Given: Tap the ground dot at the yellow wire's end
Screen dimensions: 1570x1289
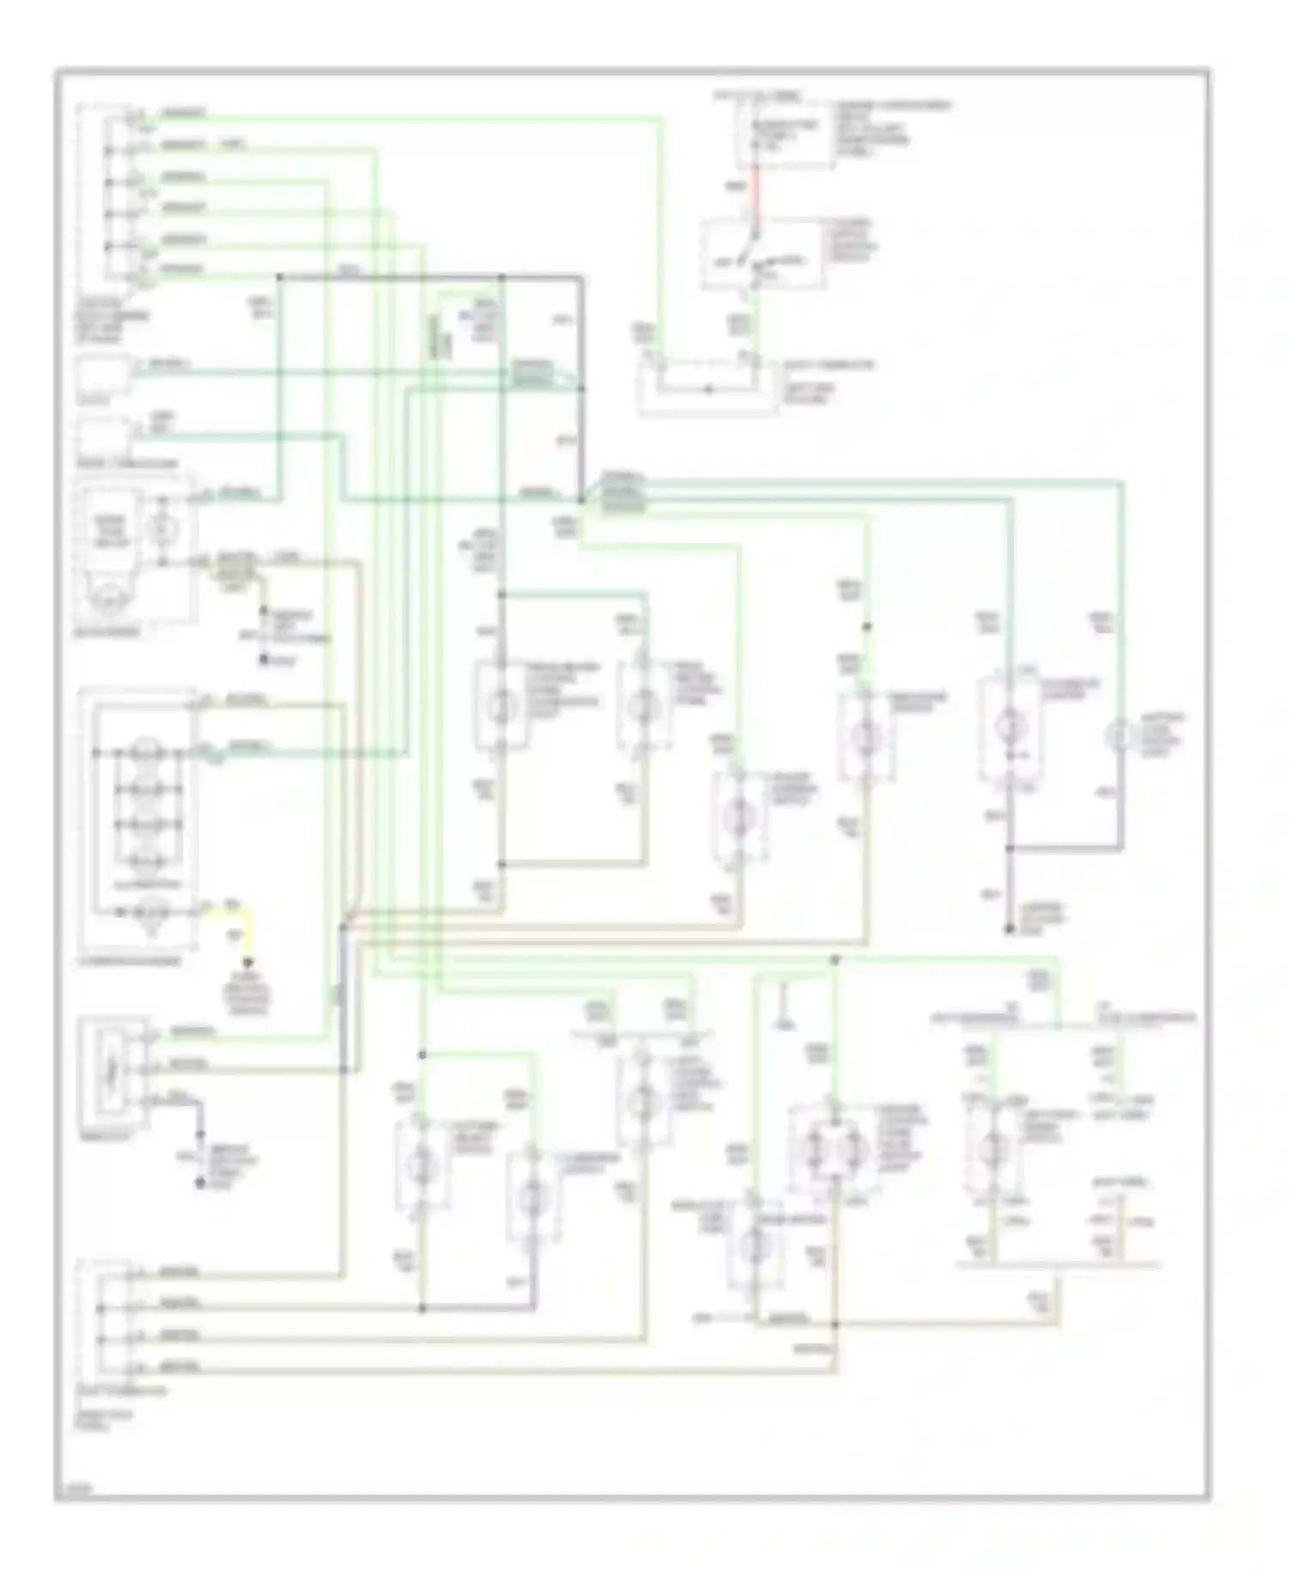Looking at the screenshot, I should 249,965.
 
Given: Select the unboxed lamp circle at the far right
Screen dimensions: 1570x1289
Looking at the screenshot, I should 1120,736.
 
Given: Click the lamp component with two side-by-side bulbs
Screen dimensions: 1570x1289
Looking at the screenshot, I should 832,1147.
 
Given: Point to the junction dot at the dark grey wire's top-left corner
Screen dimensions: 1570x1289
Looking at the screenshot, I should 279,277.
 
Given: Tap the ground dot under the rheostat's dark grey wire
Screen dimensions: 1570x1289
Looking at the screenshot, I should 200,1184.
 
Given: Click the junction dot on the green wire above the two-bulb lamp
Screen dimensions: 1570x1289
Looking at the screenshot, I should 834,959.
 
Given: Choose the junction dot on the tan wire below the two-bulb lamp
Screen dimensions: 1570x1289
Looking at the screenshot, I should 834,1324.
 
